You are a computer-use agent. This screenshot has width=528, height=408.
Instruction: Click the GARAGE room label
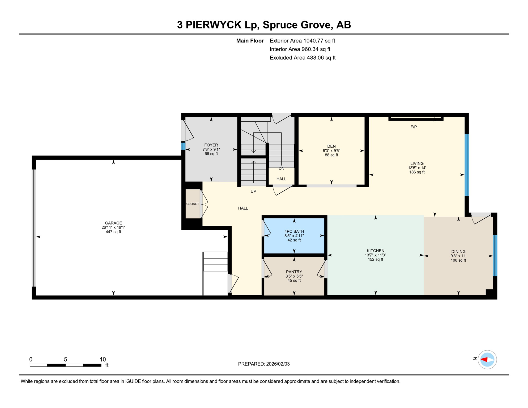pyautogui.click(x=113, y=223)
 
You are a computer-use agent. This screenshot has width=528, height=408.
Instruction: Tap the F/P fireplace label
pyautogui.click(x=414, y=127)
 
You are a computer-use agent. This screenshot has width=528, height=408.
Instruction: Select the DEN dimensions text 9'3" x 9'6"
pyautogui.click(x=331, y=151)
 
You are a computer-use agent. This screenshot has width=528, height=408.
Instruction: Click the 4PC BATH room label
pyautogui.click(x=294, y=231)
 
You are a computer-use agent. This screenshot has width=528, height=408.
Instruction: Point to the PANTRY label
pyautogui.click(x=294, y=272)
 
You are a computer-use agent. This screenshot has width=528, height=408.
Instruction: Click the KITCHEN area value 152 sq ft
pyautogui.click(x=375, y=260)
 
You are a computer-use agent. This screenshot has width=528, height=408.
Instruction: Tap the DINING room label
pyautogui.click(x=458, y=252)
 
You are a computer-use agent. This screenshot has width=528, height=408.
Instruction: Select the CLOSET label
pyautogui.click(x=193, y=204)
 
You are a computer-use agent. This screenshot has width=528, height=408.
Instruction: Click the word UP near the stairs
pyautogui.click(x=253, y=191)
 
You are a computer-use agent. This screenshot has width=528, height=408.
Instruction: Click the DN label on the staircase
pyautogui.click(x=282, y=168)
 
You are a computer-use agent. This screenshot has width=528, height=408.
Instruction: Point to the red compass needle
pyautogui.click(x=484, y=360)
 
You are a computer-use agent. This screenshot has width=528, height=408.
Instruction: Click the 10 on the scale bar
pyautogui.click(x=103, y=359)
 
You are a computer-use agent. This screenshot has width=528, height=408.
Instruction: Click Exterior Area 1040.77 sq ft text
pyautogui.click(x=302, y=41)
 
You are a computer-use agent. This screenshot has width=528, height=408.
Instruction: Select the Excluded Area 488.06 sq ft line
pyautogui.click(x=303, y=58)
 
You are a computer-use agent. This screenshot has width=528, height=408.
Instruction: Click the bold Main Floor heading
pyautogui.click(x=250, y=41)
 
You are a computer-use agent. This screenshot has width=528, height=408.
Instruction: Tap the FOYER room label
pyautogui.click(x=211, y=145)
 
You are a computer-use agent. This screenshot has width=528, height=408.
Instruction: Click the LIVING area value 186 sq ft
pyautogui.click(x=417, y=172)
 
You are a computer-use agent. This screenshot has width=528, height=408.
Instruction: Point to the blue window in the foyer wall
pyautogui.click(x=183, y=146)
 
